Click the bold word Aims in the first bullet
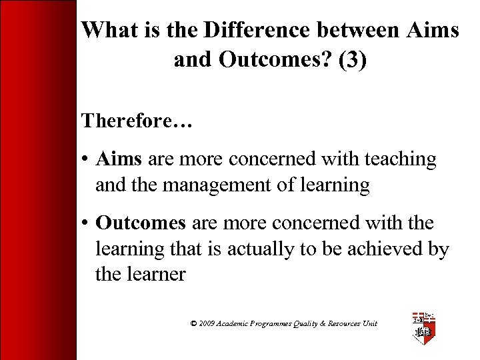(119, 159)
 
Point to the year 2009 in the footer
(207, 323)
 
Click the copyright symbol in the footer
(193, 323)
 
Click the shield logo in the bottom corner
(423, 327)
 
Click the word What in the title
(107, 30)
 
